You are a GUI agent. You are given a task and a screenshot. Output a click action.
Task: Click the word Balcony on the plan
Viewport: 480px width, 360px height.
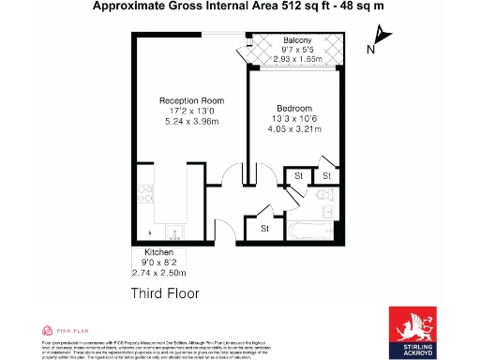pyautogui.click(x=297, y=41)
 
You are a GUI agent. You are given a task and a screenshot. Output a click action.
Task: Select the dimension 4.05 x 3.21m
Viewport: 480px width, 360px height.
pyautogui.click(x=295, y=129)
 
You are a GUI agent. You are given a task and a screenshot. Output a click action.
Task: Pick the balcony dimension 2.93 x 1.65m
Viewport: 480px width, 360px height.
pyautogui.click(x=297, y=59)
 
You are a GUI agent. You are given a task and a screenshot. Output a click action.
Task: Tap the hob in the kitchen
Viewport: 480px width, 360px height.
pyautogui.click(x=145, y=195)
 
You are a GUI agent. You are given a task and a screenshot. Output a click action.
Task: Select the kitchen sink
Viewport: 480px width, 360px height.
pyautogui.click(x=173, y=231)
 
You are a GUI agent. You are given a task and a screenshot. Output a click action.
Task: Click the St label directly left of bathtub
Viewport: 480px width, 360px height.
pyautogui.click(x=264, y=228)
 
